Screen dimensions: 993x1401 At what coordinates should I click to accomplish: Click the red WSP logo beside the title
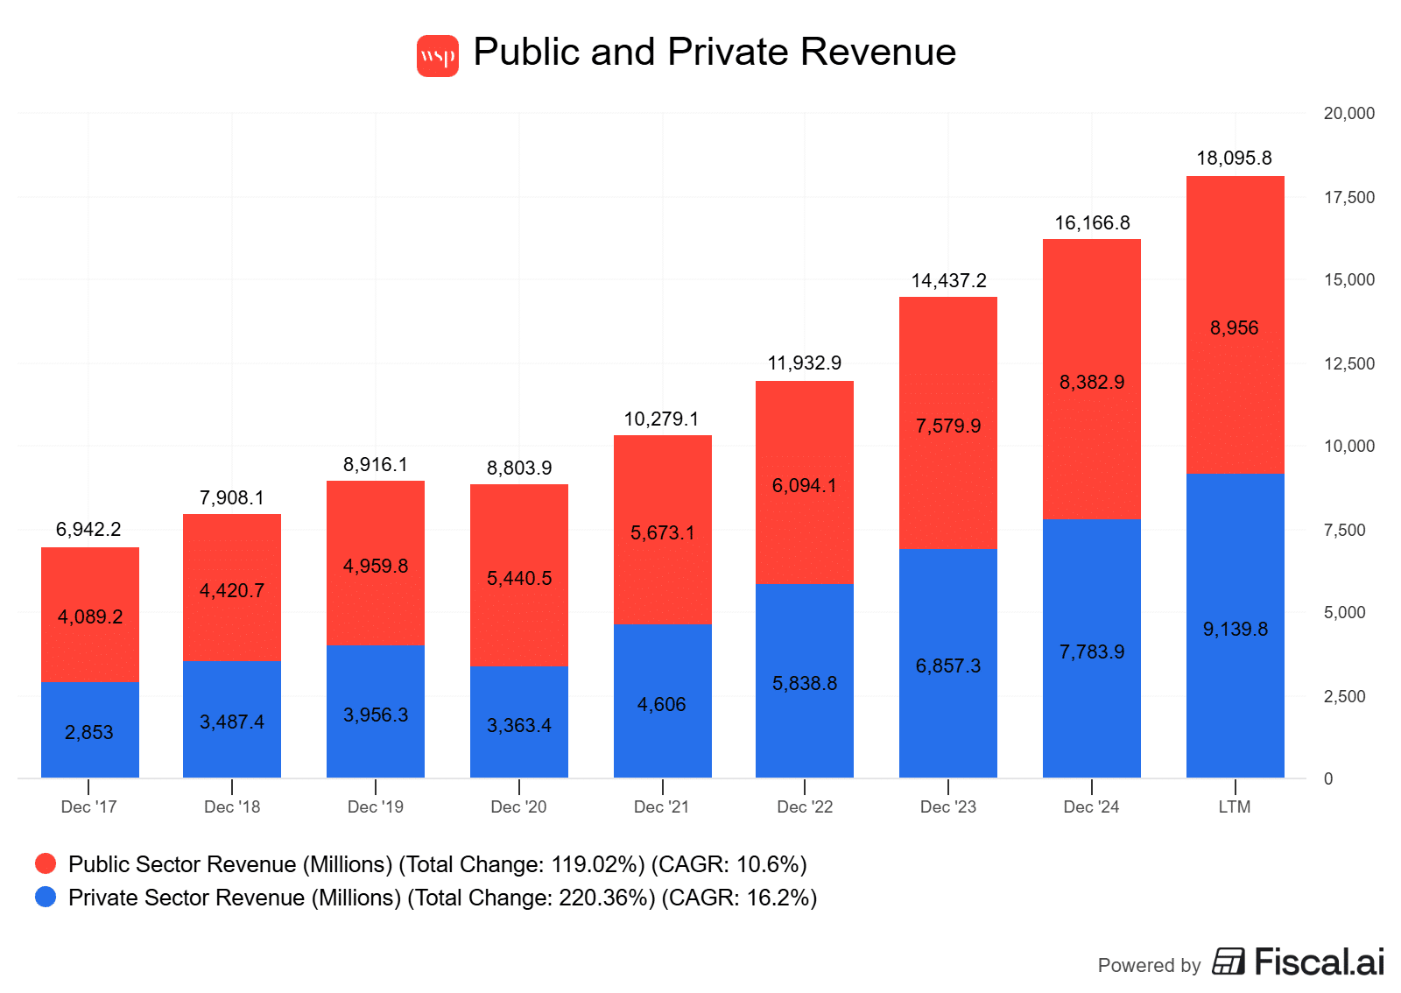[437, 56]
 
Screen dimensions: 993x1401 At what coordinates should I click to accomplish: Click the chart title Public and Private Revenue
[714, 52]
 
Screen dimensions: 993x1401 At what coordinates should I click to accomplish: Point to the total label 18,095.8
[1234, 158]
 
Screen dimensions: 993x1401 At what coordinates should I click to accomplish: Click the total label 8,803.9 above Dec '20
[519, 468]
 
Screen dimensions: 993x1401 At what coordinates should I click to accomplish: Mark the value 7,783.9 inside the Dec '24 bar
[1091, 652]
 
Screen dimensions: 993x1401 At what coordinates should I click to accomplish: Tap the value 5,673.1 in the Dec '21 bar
[662, 533]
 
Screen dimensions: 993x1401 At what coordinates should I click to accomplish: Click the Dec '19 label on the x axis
[376, 807]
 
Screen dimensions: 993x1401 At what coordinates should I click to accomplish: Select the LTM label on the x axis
[1234, 807]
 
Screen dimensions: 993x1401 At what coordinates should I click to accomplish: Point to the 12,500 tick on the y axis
[1348, 363]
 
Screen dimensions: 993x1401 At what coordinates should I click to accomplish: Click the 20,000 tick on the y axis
[1348, 114]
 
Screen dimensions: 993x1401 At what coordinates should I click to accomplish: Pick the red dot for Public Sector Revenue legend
[46, 864]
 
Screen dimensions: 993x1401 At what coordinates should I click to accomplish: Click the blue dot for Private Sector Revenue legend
[46, 898]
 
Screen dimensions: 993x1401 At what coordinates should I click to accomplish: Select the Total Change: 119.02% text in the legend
[522, 865]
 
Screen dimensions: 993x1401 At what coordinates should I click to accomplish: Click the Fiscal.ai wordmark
[1319, 962]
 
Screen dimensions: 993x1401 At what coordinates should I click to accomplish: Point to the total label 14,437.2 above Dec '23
[948, 281]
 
